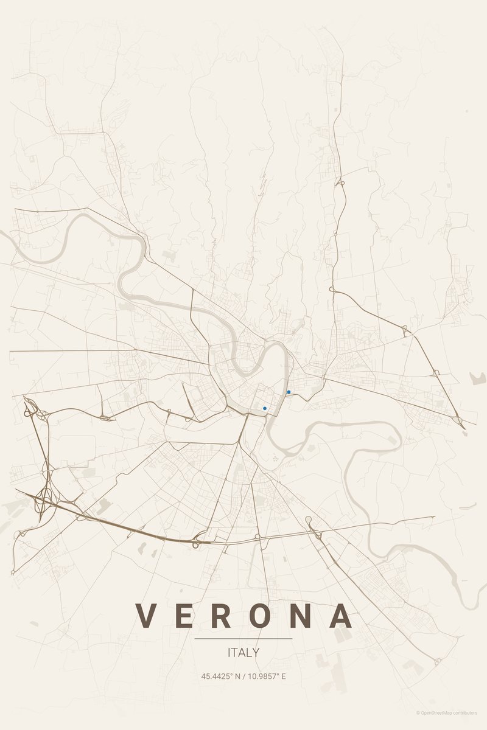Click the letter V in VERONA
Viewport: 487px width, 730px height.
[145, 616]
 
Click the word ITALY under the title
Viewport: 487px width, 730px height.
[243, 653]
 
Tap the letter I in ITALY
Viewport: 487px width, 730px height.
[229, 653]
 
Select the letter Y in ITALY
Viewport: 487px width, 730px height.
[256, 653]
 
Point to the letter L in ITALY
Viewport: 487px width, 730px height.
[249, 653]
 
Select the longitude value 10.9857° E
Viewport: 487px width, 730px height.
[265, 676]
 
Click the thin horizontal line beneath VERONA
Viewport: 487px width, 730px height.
[243, 639]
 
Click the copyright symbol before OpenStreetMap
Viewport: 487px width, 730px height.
[418, 712]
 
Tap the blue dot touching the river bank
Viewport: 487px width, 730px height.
[289, 392]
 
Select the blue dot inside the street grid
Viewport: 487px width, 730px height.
[265, 408]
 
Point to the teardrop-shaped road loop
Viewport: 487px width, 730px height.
[309, 520]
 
